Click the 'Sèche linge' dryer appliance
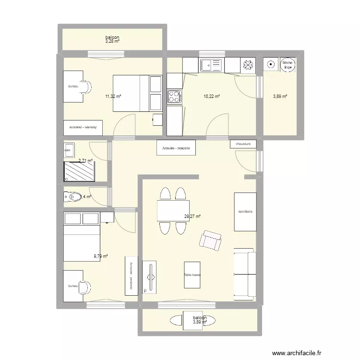[288, 65]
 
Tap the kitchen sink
[212, 64]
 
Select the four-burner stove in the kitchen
[173, 97]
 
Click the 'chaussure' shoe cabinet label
[243, 144]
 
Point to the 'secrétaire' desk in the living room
[245, 212]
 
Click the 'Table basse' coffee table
[192, 275]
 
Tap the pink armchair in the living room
[210, 240]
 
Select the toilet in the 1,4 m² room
[73, 196]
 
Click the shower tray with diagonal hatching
[79, 170]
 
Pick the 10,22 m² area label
[212, 96]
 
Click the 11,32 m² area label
[113, 96]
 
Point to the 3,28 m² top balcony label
[112, 42]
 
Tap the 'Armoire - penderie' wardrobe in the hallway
[176, 148]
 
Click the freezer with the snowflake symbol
[248, 64]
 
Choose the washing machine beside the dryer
[271, 64]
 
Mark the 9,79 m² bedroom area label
[100, 256]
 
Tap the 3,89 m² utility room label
[280, 96]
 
